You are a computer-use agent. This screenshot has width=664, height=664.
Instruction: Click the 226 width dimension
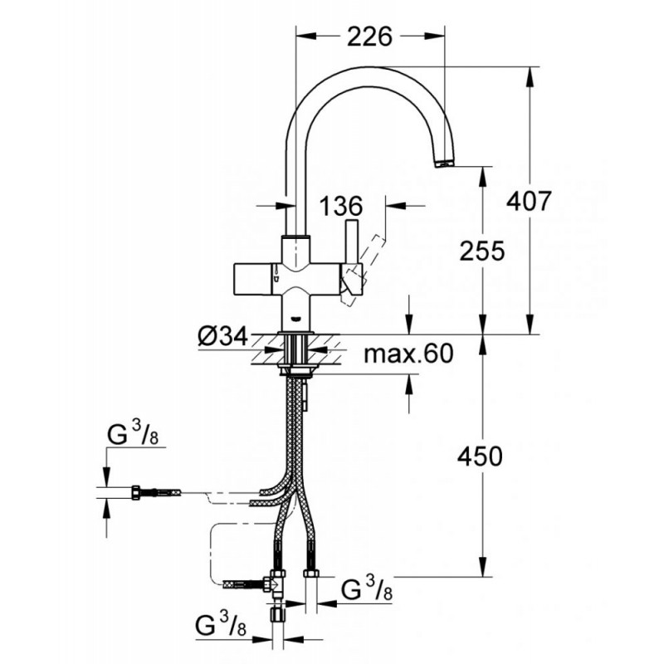(369, 37)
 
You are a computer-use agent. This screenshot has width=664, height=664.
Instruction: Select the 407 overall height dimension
(529, 201)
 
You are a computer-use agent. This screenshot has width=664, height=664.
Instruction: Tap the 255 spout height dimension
(482, 251)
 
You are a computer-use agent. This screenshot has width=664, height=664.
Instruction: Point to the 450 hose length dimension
(480, 456)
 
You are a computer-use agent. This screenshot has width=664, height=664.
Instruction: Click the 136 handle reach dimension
(340, 206)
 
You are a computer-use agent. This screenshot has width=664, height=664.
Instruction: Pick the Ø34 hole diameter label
(222, 338)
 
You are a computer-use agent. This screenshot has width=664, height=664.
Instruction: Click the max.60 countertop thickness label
(408, 354)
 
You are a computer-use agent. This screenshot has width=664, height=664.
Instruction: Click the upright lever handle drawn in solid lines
(352, 242)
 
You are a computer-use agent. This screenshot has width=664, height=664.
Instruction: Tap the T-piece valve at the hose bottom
(276, 583)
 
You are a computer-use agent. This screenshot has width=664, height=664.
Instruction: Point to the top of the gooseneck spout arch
(368, 68)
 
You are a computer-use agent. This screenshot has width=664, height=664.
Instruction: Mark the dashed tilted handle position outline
(360, 271)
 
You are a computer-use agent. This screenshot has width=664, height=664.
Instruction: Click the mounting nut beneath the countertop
(295, 371)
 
